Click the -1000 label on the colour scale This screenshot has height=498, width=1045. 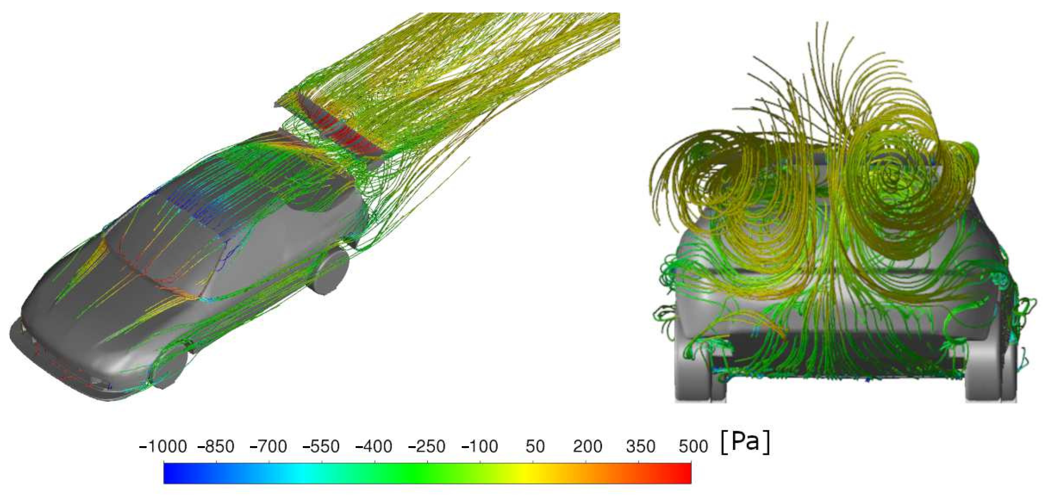(x=163, y=447)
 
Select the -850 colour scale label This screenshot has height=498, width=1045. (x=216, y=447)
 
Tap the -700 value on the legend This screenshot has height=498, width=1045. (x=268, y=447)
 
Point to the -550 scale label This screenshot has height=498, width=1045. (x=321, y=447)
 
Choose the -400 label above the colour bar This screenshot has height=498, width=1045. (x=374, y=447)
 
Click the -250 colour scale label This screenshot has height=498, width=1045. (x=427, y=447)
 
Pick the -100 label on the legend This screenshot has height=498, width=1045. (x=479, y=447)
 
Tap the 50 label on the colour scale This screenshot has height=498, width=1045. (x=535, y=447)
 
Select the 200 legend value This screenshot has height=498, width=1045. (x=587, y=447)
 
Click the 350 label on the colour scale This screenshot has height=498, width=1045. (x=640, y=447)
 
